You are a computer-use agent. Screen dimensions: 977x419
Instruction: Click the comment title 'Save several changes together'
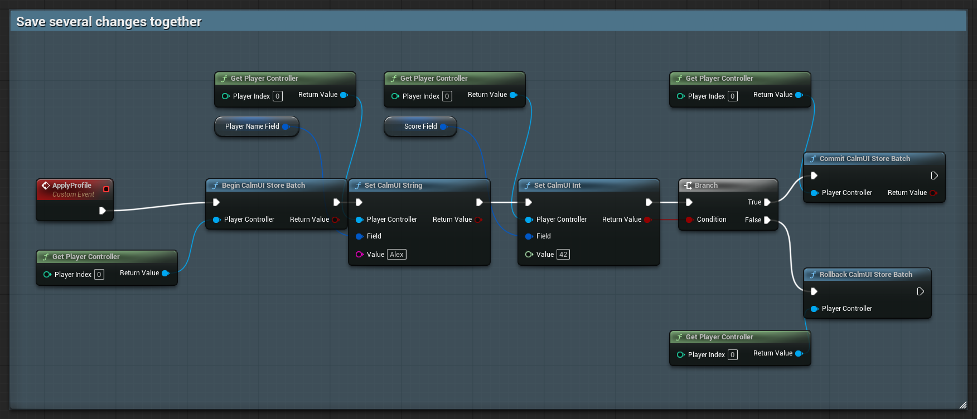tap(109, 22)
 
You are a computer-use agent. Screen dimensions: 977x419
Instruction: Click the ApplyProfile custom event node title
tap(71, 186)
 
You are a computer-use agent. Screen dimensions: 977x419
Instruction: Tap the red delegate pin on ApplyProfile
tap(106, 189)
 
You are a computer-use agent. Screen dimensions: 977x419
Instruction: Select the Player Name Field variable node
tap(257, 126)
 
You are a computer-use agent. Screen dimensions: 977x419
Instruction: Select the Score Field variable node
tap(420, 126)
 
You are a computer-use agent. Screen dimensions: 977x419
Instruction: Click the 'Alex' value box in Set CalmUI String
tap(396, 255)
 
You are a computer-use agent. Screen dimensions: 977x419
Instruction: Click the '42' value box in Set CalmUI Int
tap(563, 255)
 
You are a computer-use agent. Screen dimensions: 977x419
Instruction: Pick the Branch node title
tap(706, 186)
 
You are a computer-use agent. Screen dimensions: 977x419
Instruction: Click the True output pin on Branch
tap(767, 202)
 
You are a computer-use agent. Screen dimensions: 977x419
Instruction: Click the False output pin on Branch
tap(767, 220)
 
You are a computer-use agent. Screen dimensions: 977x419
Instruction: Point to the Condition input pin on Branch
tap(689, 220)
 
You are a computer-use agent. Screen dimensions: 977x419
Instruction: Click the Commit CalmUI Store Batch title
tap(864, 159)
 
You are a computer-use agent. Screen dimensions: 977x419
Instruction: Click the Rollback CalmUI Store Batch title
tap(865, 275)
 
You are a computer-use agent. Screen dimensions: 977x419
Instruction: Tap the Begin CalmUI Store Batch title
tap(263, 186)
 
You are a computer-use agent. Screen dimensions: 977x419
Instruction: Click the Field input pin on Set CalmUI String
tap(359, 236)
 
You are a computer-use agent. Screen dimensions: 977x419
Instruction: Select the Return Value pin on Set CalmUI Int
tap(647, 220)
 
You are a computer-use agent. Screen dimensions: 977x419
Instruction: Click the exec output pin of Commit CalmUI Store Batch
tap(935, 176)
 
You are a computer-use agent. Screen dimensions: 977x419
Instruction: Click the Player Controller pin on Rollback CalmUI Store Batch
tap(814, 309)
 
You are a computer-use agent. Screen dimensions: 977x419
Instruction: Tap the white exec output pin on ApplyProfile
tap(103, 211)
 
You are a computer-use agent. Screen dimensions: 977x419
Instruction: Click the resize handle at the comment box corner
tap(963, 405)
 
